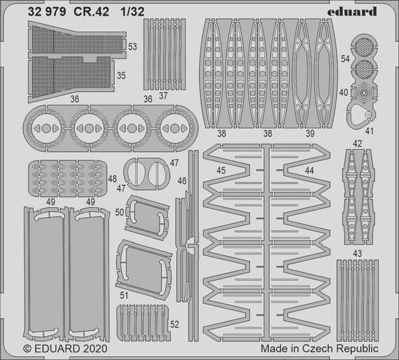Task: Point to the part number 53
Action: [133, 46]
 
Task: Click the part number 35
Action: [120, 75]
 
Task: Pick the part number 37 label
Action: [162, 95]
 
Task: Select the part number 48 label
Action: [112, 180]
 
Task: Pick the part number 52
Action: [174, 324]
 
